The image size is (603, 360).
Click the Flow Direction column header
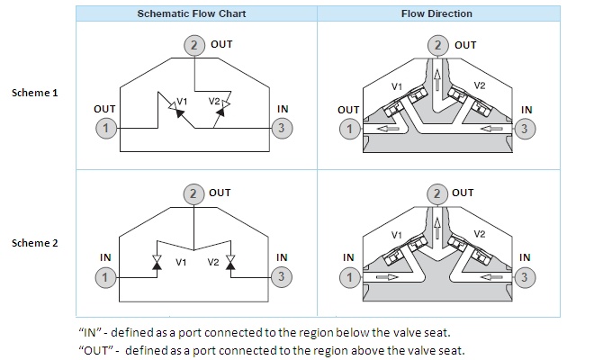(436, 14)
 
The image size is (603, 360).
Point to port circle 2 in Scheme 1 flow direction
(437, 45)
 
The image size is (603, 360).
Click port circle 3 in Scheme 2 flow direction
(526, 277)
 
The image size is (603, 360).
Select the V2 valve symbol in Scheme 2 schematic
(230, 262)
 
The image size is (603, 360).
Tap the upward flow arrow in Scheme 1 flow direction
(437, 80)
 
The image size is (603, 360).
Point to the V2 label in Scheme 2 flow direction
(480, 234)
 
